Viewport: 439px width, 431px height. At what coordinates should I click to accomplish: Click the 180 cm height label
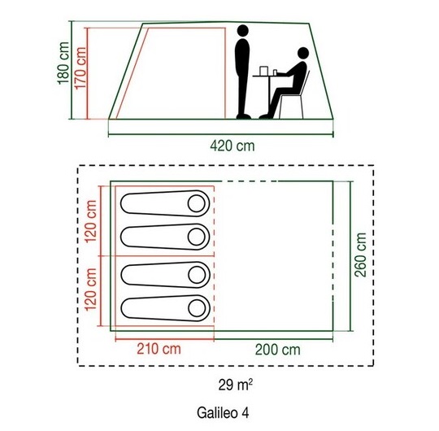click(63, 63)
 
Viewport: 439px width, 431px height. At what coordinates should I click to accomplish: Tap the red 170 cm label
click(80, 67)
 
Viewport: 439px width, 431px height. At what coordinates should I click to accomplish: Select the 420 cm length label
click(233, 146)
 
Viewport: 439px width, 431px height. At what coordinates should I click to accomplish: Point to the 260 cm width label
click(360, 255)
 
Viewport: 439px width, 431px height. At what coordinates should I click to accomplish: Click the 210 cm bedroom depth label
click(159, 349)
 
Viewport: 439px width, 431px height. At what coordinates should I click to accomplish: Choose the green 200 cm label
click(278, 350)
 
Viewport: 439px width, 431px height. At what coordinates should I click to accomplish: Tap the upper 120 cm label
click(91, 221)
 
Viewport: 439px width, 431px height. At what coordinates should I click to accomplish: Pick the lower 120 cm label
click(91, 290)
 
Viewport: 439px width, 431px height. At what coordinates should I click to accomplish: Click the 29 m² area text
click(235, 385)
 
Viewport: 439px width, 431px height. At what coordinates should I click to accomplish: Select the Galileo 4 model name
click(223, 413)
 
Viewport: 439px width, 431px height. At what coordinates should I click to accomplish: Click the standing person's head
click(243, 31)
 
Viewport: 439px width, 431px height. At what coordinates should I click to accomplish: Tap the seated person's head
click(303, 53)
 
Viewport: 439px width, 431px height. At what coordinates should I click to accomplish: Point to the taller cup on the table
click(263, 71)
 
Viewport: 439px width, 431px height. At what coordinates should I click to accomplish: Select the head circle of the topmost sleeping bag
click(197, 203)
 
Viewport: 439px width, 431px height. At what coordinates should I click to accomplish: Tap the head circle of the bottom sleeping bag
click(197, 308)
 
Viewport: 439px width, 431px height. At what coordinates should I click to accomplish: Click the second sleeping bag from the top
click(165, 237)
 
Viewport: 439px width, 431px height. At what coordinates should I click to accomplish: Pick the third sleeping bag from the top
click(166, 275)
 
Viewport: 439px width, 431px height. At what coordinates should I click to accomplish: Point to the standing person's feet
click(243, 116)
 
